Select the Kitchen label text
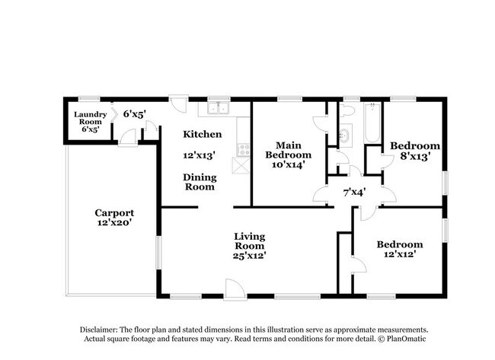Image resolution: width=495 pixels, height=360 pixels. pyautogui.click(x=203, y=134)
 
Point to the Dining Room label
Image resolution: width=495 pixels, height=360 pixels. pyautogui.click(x=200, y=182)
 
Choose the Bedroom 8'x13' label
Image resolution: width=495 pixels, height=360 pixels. pyautogui.click(x=414, y=151)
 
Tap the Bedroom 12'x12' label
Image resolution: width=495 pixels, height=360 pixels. pyautogui.click(x=400, y=250)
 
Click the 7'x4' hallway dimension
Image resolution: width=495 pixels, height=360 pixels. pyautogui.click(x=354, y=192)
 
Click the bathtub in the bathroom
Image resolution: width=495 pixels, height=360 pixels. pyautogui.click(x=372, y=123)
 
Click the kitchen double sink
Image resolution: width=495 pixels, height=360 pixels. pyautogui.click(x=219, y=108)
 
